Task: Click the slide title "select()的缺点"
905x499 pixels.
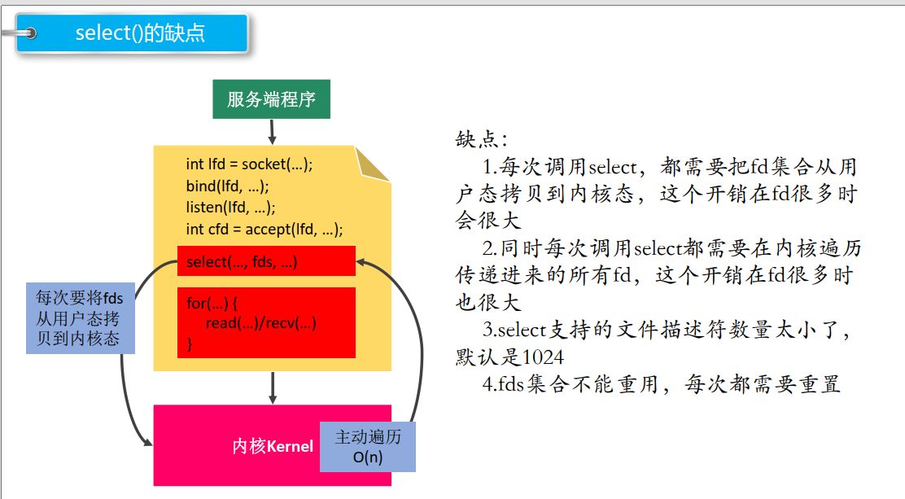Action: click(140, 33)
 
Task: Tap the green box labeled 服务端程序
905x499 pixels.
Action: click(271, 100)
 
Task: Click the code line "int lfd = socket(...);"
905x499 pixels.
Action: click(249, 164)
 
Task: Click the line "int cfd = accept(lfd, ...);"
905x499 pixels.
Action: click(265, 229)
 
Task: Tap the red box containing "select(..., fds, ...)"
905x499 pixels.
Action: click(266, 261)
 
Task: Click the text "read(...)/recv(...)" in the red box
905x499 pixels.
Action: click(260, 323)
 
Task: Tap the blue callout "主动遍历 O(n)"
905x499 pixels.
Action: click(368, 447)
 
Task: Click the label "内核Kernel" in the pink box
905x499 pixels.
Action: click(273, 446)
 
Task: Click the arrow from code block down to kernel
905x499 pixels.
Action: click(273, 387)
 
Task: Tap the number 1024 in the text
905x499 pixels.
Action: click(543, 357)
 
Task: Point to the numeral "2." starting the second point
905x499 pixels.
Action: click(490, 248)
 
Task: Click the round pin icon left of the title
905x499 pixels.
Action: click(31, 33)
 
